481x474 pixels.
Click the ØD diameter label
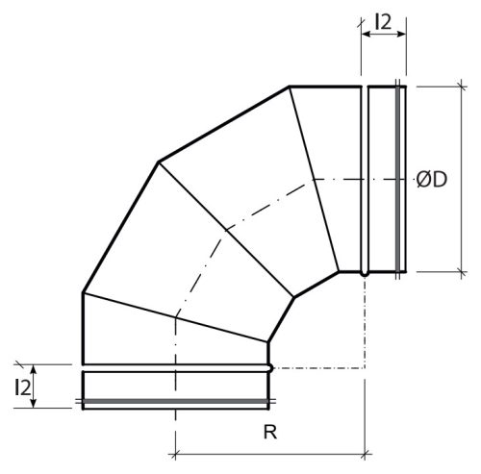(x=432, y=180)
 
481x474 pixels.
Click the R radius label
(x=270, y=432)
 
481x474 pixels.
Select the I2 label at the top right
(x=383, y=22)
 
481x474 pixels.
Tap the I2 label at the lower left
(x=22, y=387)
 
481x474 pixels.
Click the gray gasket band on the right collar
(x=397, y=179)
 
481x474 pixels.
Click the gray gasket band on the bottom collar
(x=175, y=401)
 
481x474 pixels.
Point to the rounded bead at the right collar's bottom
(x=365, y=274)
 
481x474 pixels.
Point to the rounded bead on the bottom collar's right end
(x=270, y=368)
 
